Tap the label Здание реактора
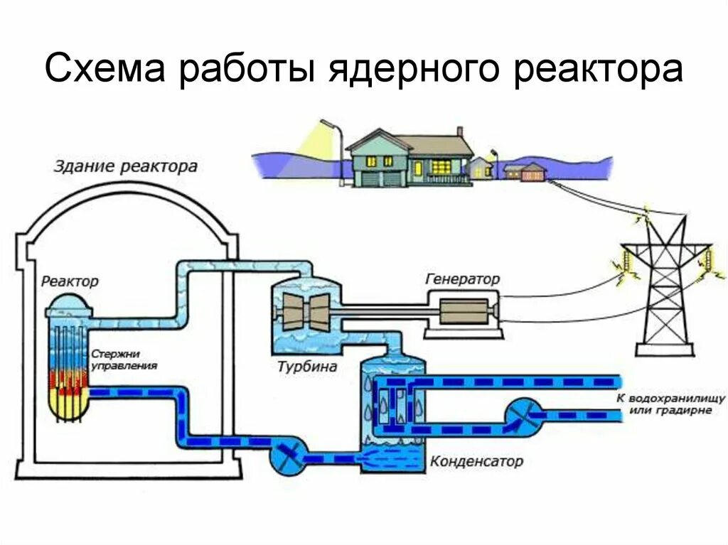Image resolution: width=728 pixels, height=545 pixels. point(126,168)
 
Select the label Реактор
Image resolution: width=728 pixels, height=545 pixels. point(70,281)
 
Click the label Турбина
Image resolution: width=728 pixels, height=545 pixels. point(308,367)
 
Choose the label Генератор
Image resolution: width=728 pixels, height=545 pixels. point(462,279)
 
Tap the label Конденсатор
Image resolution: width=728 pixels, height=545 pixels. point(476,461)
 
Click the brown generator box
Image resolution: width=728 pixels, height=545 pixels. point(462,312)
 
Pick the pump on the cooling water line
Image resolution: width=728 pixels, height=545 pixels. point(523,415)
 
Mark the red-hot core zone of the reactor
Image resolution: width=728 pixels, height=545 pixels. point(68,383)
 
